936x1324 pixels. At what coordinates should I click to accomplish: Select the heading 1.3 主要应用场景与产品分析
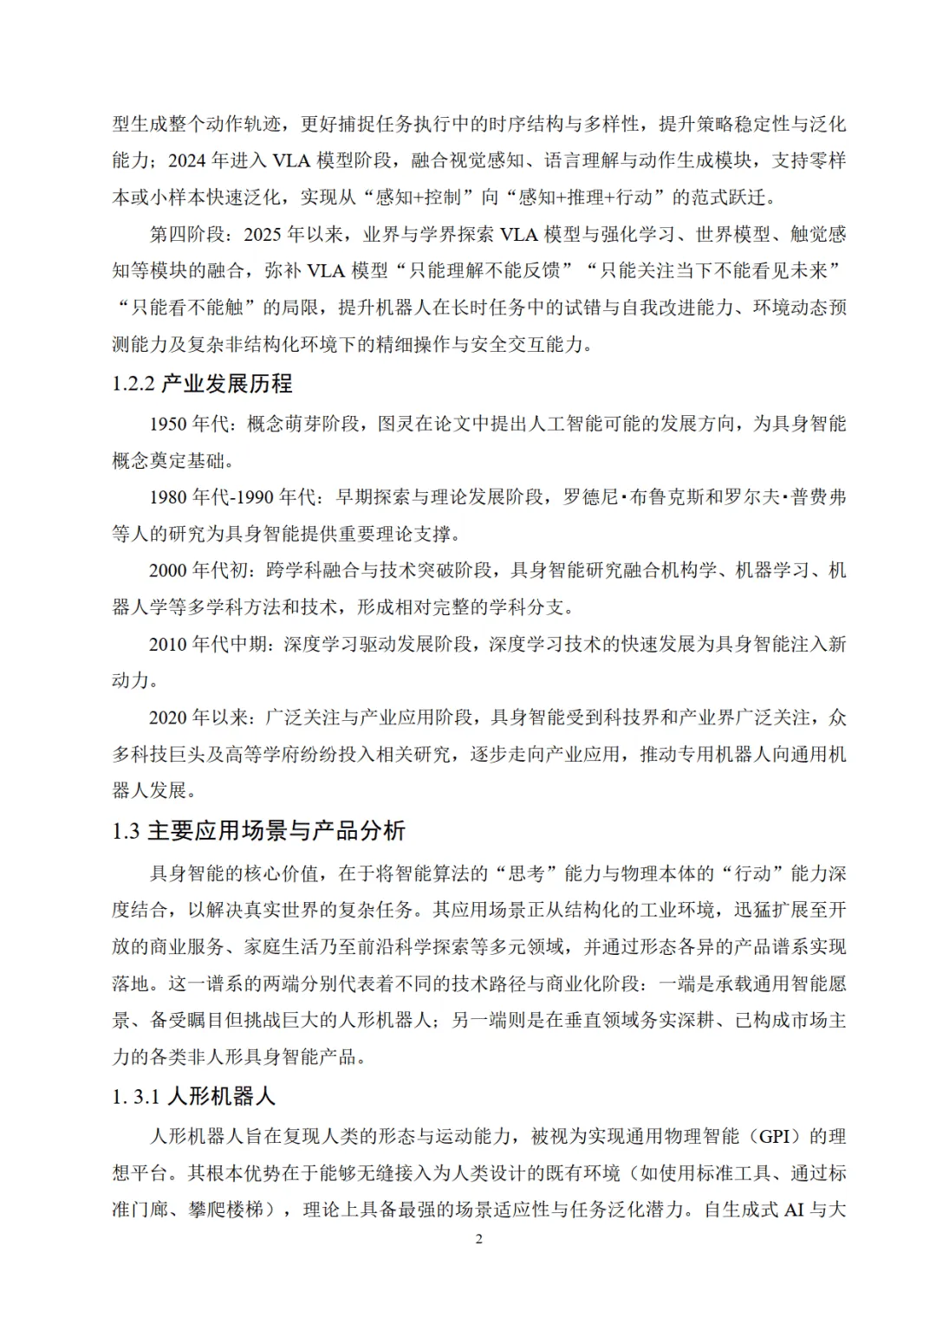[x=258, y=831]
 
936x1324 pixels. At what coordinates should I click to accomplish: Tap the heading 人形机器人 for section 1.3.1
[x=220, y=1096]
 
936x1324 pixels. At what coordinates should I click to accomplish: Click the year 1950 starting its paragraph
[x=168, y=424]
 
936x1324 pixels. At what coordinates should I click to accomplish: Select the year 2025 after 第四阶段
[x=263, y=235]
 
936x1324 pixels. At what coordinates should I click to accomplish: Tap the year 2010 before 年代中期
[x=168, y=644]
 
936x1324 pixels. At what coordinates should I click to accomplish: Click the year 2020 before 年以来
[x=168, y=717]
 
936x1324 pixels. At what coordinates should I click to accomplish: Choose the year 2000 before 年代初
[x=168, y=570]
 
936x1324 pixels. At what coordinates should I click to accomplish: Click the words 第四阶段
[x=187, y=235]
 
